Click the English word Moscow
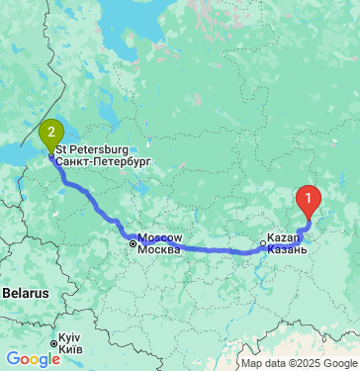(159, 238)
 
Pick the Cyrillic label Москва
(159, 249)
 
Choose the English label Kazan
(283, 239)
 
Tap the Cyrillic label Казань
(288, 250)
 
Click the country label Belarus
(25, 294)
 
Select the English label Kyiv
(70, 336)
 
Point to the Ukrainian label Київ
(69, 349)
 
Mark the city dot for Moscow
(133, 241)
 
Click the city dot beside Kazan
(263, 242)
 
